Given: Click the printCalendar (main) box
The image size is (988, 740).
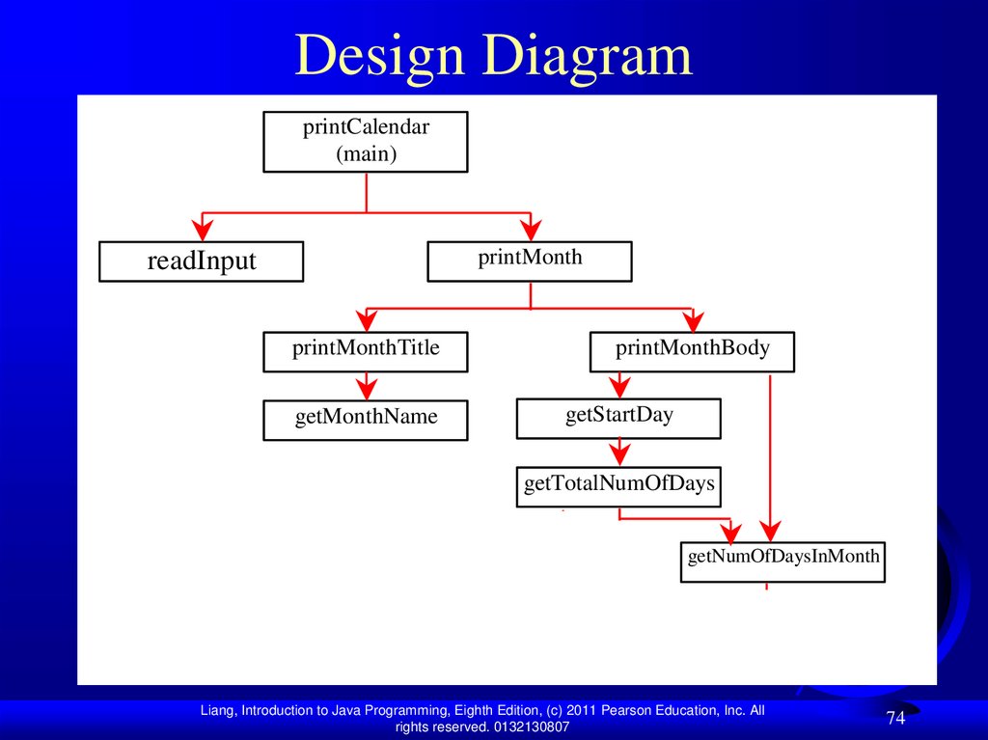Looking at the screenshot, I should click(366, 142).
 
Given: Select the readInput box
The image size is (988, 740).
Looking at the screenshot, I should click(201, 261).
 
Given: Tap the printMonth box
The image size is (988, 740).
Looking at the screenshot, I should click(530, 260).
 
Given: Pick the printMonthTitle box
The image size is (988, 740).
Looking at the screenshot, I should click(366, 351).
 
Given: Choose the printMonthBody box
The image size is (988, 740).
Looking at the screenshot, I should click(692, 351).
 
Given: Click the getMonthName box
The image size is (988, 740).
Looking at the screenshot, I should click(366, 420).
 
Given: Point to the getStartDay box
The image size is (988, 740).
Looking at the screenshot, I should click(618, 418).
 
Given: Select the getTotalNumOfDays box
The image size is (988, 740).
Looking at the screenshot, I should click(618, 484).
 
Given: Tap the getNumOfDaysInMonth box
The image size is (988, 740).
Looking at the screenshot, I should click(782, 560).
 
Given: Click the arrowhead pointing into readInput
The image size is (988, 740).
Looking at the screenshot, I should click(202, 229).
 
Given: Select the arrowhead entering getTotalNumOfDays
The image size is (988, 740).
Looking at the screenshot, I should click(618, 454).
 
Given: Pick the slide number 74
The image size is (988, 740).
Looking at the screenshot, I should click(895, 718).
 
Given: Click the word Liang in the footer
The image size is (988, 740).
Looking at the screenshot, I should click(217, 711).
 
